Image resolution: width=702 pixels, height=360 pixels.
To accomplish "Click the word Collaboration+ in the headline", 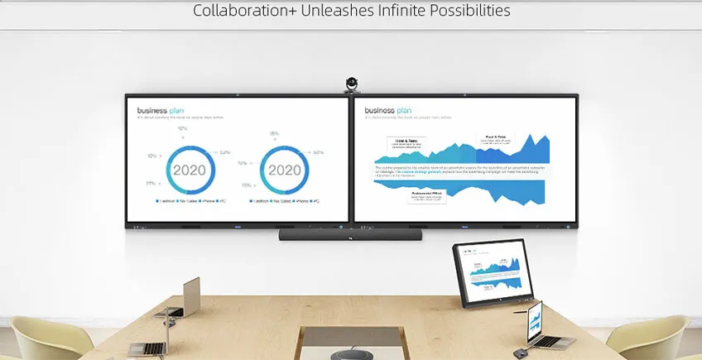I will tap(241, 11).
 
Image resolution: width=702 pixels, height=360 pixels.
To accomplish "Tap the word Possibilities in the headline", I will tap(465, 11).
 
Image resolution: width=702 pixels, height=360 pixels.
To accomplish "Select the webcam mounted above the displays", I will tap(352, 84).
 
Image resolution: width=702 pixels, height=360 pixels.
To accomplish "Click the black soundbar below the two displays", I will tap(351, 235).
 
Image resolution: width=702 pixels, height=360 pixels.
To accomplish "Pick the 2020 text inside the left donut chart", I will tap(190, 170).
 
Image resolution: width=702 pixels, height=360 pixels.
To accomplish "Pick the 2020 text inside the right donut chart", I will tap(285, 170).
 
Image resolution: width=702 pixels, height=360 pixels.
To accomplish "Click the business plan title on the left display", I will tap(161, 109).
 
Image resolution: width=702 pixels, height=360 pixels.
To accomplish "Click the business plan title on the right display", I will tap(388, 109).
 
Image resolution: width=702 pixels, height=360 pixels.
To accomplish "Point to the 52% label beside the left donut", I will tap(224, 152).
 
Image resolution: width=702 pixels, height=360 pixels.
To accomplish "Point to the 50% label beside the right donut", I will tap(318, 152).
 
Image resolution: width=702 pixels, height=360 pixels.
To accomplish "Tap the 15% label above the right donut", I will tap(274, 133).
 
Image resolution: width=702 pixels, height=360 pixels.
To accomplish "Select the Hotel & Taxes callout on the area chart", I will tap(405, 143).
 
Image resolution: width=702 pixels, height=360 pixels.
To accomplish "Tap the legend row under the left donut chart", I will tap(190, 201).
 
